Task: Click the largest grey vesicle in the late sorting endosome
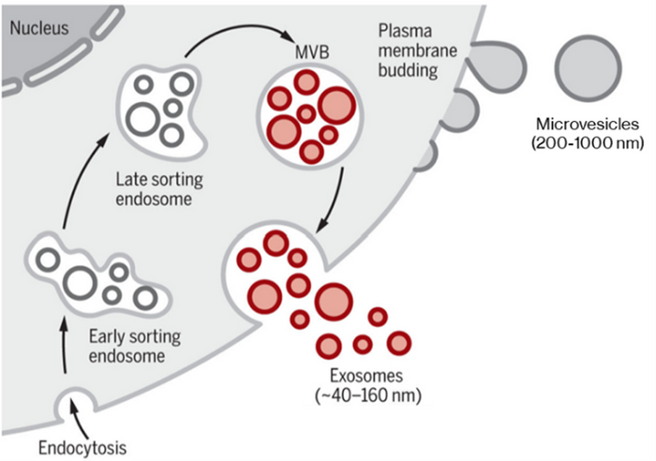pyautogui.click(x=145, y=119)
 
